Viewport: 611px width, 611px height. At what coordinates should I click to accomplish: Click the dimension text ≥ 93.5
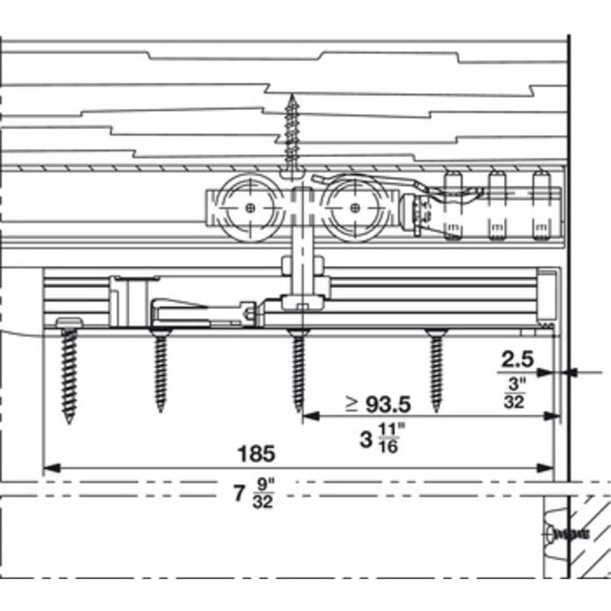(x=378, y=405)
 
